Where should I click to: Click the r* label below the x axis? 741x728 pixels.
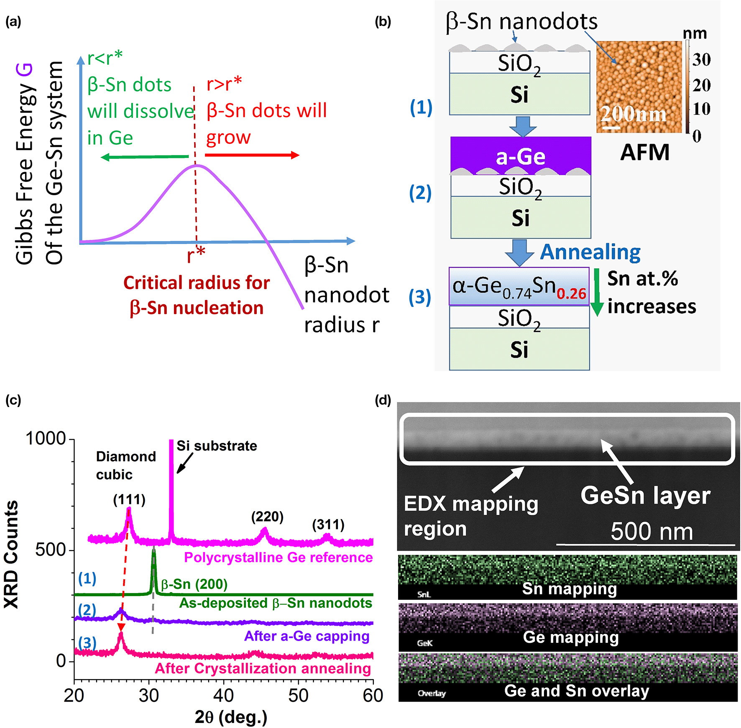click(x=196, y=255)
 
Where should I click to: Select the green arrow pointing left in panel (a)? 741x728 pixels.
click(x=145, y=157)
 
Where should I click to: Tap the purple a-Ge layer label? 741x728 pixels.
click(x=521, y=157)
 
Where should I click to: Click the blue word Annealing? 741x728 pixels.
click(x=590, y=252)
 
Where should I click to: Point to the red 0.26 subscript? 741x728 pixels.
click(x=571, y=293)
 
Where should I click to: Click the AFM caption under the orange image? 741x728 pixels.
click(x=644, y=152)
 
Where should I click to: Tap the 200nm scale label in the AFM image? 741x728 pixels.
click(x=633, y=114)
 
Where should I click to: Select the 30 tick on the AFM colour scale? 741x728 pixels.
click(x=701, y=60)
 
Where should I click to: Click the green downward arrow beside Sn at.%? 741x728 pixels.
click(x=597, y=292)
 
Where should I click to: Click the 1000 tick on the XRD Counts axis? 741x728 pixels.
click(x=46, y=439)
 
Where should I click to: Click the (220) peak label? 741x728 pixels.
click(x=267, y=517)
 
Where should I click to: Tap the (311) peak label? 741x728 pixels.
click(x=328, y=524)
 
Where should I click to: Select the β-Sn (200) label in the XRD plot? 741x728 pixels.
click(x=194, y=584)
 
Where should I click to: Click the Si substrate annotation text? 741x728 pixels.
click(x=217, y=446)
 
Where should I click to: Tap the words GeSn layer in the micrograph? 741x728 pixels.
click(x=645, y=496)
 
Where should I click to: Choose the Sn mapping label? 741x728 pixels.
click(x=570, y=589)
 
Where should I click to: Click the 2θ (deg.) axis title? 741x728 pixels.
click(x=231, y=717)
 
